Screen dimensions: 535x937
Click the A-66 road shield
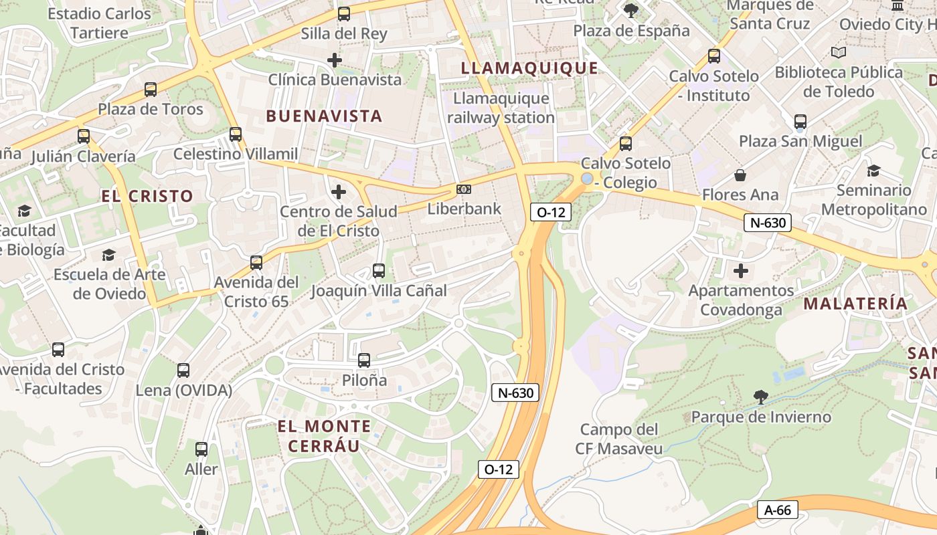[778, 510]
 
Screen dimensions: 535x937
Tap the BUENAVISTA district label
[324, 116]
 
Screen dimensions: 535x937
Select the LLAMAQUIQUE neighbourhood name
[529, 68]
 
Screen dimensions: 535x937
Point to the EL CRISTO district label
[147, 196]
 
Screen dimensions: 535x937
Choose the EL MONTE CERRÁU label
[324, 436]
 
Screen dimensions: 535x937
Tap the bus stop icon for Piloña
[364, 360]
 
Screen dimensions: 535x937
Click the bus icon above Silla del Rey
[344, 13]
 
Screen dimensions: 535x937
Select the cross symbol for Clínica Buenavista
[335, 60]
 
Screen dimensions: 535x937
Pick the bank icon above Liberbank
[464, 190]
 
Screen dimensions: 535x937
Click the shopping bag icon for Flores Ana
[740, 175]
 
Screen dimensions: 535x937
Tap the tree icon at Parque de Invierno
[761, 397]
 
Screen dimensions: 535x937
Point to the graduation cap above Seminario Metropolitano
[873, 171]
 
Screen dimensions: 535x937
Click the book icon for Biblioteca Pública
[838, 52]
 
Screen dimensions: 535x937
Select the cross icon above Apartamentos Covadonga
[741, 271]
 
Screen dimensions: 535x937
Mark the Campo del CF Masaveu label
[619, 439]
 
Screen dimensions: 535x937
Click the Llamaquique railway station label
[501, 108]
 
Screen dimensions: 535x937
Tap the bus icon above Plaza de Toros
[151, 89]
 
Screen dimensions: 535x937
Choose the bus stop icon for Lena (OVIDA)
[183, 370]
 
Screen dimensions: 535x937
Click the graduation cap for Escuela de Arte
[109, 255]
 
